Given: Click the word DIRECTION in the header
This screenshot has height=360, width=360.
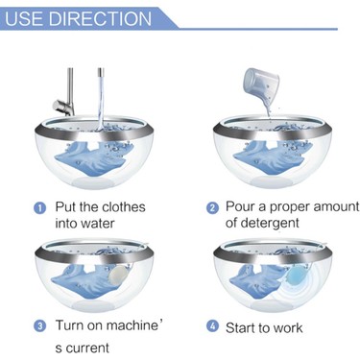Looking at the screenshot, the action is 100,18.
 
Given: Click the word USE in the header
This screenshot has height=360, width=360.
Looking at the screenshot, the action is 25,18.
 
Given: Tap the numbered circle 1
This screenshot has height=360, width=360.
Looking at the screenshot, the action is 39,208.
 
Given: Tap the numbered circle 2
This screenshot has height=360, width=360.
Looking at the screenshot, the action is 212,208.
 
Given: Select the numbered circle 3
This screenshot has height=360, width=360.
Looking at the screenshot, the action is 39,326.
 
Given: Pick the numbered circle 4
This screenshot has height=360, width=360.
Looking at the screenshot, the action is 212,326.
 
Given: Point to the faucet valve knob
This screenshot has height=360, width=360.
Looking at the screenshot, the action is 61,107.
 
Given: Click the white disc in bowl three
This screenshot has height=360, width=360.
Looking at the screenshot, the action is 119,276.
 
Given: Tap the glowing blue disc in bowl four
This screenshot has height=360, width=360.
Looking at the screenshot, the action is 295,276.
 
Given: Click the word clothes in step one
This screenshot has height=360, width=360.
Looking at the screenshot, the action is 123,207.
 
